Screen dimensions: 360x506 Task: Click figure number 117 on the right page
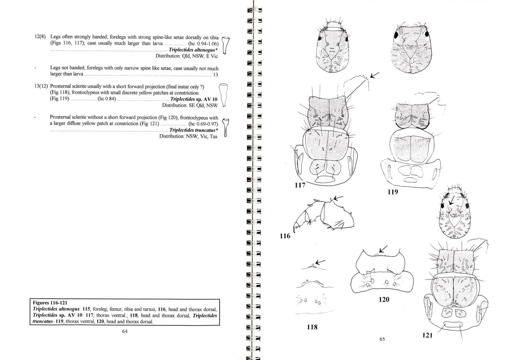coord(300,185)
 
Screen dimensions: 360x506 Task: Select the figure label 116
coord(285,236)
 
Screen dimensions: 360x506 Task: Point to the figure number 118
coord(312,327)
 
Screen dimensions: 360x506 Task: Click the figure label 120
coord(384,299)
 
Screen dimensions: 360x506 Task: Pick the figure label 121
coord(427,335)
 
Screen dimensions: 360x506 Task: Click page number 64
coord(125,331)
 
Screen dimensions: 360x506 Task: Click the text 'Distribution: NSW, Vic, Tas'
coord(188,136)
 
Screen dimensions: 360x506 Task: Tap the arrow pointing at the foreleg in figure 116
coord(338,197)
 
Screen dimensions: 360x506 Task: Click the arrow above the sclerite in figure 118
coord(321,262)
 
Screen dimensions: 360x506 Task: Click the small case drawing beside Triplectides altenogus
coord(226,45)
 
